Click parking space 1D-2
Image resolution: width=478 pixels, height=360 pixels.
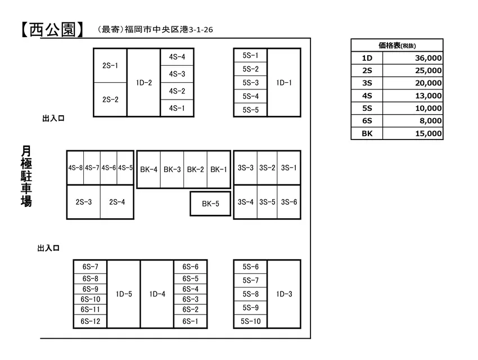(x=143, y=83)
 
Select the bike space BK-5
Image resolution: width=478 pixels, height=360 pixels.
(x=210, y=204)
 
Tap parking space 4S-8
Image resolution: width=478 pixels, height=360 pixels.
(x=75, y=168)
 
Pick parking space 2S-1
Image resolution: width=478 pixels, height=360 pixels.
(x=110, y=66)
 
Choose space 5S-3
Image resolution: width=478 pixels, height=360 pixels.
(x=250, y=83)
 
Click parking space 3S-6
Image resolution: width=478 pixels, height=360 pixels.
(x=289, y=202)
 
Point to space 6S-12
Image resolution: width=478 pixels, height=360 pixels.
(x=90, y=321)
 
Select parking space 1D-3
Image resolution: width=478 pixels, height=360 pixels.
(x=284, y=294)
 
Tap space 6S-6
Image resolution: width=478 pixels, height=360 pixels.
(x=190, y=267)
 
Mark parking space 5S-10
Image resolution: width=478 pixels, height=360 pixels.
(x=250, y=321)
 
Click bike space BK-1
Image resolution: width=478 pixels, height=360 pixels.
(x=219, y=169)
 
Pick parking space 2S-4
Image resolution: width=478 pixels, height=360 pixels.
(x=117, y=202)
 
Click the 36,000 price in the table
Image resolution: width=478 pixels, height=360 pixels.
(x=428, y=58)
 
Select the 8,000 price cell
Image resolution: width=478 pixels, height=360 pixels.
(x=430, y=121)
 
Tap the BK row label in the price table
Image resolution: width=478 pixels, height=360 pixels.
(x=367, y=133)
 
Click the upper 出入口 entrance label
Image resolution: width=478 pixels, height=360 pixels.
(x=53, y=118)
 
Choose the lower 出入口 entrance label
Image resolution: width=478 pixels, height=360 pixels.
(x=48, y=248)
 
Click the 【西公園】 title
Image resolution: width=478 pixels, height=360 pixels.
(x=52, y=30)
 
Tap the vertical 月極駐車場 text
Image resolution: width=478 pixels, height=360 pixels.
(x=26, y=176)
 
